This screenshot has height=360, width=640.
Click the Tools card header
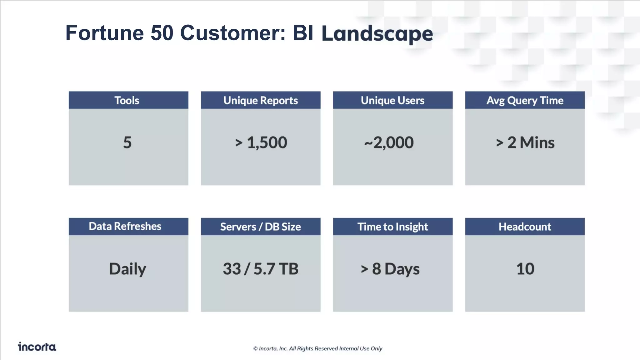[x=127, y=100]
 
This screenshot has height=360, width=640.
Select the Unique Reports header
[x=260, y=100]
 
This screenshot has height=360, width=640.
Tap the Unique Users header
[x=392, y=100]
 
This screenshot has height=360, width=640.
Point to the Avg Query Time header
[x=525, y=100]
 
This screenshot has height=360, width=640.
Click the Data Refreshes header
[x=125, y=226]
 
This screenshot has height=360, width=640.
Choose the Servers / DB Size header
[x=260, y=227]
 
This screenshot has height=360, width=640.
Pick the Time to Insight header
[x=392, y=227]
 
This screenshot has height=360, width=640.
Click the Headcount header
[x=525, y=227]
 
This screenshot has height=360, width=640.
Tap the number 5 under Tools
[x=127, y=142]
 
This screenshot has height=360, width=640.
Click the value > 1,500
[x=261, y=142]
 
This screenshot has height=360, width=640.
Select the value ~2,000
[x=389, y=142]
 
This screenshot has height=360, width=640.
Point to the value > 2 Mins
[x=525, y=142]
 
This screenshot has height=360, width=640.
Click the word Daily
[x=127, y=269]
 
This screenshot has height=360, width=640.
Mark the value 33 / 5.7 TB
[x=260, y=269]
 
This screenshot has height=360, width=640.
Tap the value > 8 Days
[x=390, y=269]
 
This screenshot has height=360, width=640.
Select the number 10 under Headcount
[x=525, y=269]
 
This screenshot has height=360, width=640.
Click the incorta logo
[x=37, y=347]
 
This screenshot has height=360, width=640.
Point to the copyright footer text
[x=317, y=348]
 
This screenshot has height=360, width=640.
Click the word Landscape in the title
[x=377, y=33]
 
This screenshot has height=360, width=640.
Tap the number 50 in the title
[x=162, y=33]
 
